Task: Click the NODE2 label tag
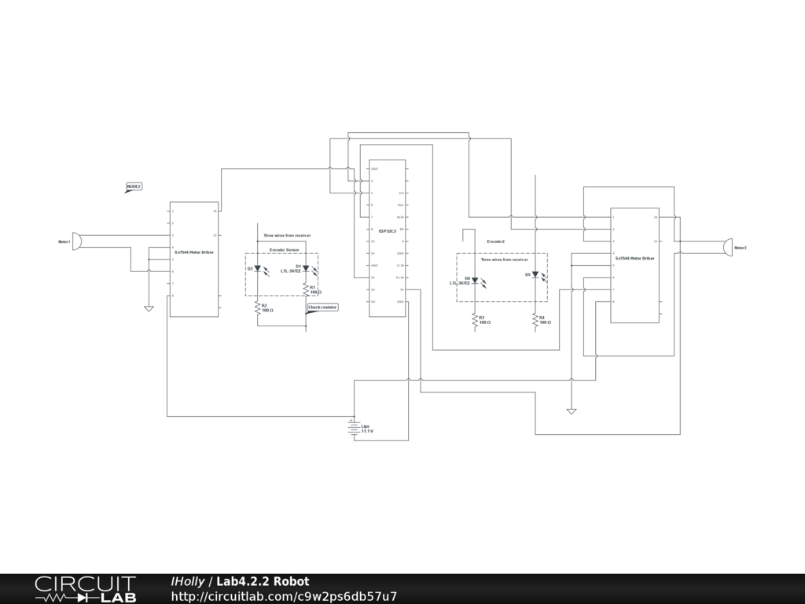point(134,186)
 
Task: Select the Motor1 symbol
point(76,241)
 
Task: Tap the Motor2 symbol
point(728,247)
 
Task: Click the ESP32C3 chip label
point(388,231)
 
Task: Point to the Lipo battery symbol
point(354,428)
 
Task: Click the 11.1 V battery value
point(367,432)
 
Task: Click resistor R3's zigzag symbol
point(475,319)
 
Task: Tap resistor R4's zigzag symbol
point(535,319)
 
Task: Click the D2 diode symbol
point(257,269)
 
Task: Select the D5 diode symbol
point(535,275)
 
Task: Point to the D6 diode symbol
point(475,280)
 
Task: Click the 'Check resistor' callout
point(322,308)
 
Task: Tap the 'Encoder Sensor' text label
point(285,249)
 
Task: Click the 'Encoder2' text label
point(495,241)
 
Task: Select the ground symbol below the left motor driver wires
point(149,308)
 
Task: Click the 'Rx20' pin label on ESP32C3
point(400,217)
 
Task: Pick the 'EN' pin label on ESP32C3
point(402,229)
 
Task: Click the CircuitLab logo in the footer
point(85,589)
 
